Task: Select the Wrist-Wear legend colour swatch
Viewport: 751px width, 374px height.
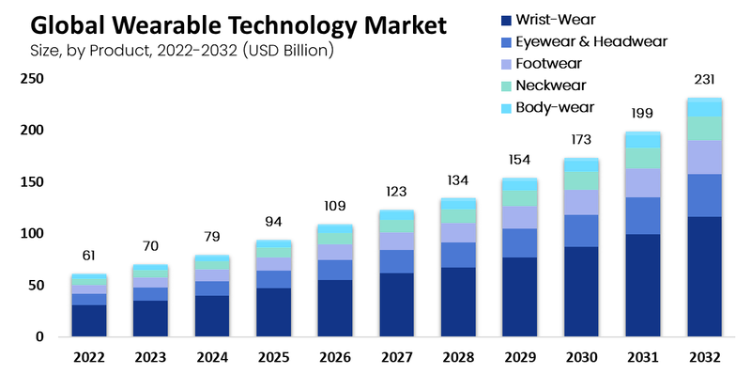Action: point(506,20)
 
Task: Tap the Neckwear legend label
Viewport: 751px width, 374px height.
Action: point(551,86)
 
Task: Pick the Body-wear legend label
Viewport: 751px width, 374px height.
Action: point(555,107)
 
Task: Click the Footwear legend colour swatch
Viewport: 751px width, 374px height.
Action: point(506,64)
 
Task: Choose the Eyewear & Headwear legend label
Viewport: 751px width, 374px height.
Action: point(591,41)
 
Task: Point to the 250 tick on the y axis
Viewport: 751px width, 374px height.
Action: point(32,78)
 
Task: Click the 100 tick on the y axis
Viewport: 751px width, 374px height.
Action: point(32,233)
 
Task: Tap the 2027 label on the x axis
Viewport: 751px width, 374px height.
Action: point(396,358)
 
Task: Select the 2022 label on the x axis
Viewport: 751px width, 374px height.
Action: point(89,358)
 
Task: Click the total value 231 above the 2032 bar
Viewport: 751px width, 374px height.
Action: point(704,80)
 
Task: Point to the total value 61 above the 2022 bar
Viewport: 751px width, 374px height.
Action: point(88,256)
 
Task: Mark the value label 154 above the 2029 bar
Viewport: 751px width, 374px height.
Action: point(519,160)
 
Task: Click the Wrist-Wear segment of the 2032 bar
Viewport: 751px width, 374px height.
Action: point(704,276)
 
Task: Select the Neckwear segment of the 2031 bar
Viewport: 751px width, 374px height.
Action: point(643,158)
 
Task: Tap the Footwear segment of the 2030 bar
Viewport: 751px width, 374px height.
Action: point(581,202)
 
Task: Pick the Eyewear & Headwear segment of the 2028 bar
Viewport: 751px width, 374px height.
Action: point(458,255)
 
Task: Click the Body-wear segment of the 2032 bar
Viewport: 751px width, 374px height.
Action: point(704,107)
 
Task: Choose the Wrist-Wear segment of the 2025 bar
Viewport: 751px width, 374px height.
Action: point(273,312)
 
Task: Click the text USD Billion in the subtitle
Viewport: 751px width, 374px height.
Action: point(288,51)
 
